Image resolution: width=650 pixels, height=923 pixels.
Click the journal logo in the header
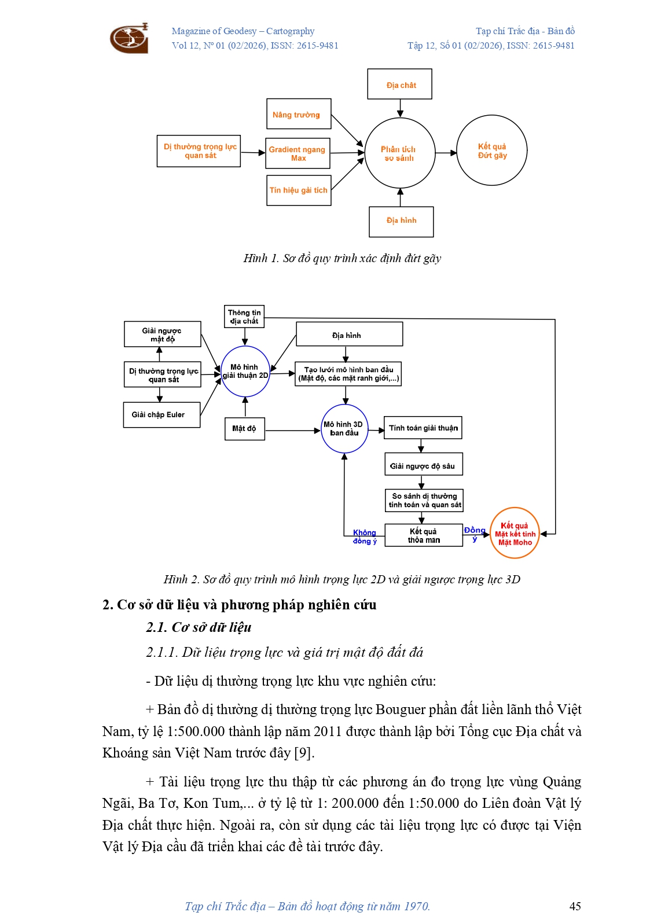click(129, 38)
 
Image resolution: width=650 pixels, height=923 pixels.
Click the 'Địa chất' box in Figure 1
click(400, 84)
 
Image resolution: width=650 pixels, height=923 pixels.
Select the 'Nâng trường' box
click(298, 114)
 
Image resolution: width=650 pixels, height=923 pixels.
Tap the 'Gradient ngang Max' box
click(298, 153)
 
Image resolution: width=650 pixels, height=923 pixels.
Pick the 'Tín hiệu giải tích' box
click(299, 190)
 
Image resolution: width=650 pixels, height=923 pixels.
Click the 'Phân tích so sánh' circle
click(399, 153)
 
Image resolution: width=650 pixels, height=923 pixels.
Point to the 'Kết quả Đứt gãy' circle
click(492, 150)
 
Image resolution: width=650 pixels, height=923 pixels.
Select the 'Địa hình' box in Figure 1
click(401, 221)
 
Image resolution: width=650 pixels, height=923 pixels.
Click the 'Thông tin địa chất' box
click(244, 317)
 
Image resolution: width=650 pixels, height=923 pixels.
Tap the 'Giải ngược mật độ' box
click(162, 334)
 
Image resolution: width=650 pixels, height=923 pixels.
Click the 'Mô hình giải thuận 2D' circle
click(245, 372)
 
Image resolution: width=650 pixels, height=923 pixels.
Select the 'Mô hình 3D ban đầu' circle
click(344, 429)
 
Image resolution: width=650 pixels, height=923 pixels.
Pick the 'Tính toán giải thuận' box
click(423, 428)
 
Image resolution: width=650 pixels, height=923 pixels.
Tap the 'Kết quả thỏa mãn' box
click(424, 536)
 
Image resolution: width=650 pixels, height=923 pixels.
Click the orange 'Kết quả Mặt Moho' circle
click(515, 534)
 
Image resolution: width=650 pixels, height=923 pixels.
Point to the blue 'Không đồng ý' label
click(365, 537)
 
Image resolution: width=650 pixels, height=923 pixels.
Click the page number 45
click(575, 906)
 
